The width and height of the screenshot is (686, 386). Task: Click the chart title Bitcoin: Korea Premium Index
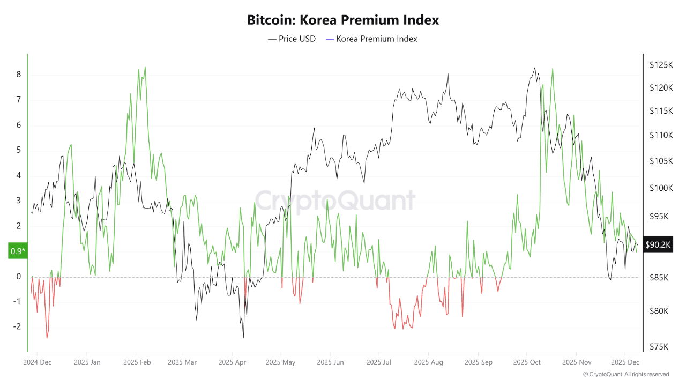343,20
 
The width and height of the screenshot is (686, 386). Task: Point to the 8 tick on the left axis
19,75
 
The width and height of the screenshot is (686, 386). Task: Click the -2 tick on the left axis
17,326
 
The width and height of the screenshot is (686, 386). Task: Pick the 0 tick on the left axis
19,277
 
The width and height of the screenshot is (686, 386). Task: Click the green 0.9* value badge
17,251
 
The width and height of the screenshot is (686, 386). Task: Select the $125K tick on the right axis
661,65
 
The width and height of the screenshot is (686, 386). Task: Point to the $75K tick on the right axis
659,346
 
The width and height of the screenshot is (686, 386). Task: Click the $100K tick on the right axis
661,188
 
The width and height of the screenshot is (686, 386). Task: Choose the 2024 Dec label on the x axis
38,362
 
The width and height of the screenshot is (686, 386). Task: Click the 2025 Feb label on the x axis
137,362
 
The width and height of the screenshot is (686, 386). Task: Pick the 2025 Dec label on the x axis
624,362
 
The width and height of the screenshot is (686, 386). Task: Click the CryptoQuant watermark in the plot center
335,201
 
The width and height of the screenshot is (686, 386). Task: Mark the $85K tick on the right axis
659,278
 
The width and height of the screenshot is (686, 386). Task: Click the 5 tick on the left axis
19,150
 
